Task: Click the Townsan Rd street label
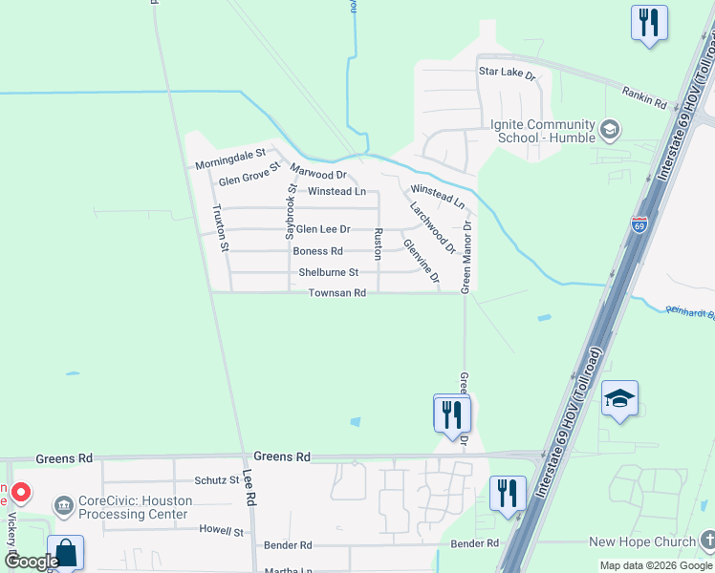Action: [337, 293]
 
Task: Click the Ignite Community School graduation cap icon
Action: [609, 129]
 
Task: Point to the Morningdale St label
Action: [229, 159]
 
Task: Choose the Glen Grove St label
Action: [249, 175]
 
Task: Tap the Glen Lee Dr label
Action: [322, 229]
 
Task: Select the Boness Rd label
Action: [317, 251]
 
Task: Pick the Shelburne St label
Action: [328, 272]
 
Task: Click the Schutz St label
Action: [216, 479]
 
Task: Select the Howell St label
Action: [221, 529]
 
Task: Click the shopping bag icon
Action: [65, 553]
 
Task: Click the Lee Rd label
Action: [249, 486]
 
